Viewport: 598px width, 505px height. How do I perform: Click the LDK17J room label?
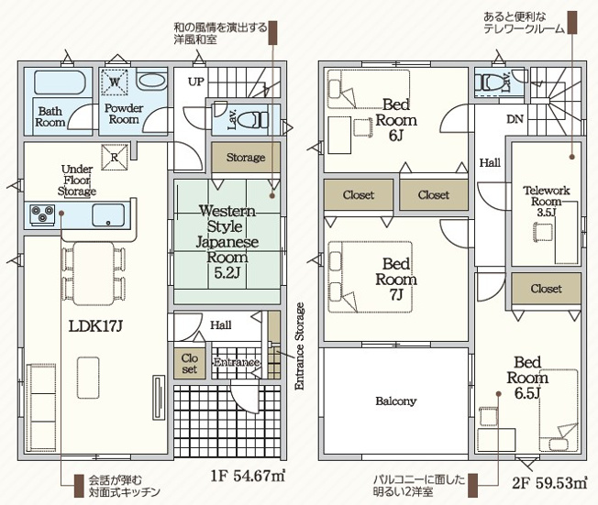point(95,326)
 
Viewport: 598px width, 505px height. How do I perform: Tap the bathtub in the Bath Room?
point(60,82)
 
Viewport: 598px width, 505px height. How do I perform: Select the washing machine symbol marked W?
point(115,82)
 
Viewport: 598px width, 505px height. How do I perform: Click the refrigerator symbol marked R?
point(115,157)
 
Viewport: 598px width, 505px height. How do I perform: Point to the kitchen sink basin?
point(108,215)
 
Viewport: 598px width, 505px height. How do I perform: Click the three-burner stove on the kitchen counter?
point(42,214)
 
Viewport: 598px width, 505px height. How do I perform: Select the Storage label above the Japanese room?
point(246,157)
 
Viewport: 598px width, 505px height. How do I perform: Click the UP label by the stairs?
point(196,82)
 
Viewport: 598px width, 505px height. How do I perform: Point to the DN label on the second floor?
point(515,119)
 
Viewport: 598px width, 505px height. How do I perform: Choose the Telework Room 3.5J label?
point(546,201)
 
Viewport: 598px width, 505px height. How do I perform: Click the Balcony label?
point(396,401)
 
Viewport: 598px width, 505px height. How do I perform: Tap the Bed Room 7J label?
point(396,279)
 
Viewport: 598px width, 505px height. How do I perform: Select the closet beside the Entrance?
point(190,364)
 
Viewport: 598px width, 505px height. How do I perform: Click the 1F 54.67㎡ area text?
point(248,476)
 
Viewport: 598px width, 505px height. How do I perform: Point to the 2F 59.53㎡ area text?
point(549,483)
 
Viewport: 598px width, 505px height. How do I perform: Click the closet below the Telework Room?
point(546,289)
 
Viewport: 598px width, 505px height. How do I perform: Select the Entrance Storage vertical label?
point(300,346)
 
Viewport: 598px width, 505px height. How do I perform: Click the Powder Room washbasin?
point(151,82)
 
